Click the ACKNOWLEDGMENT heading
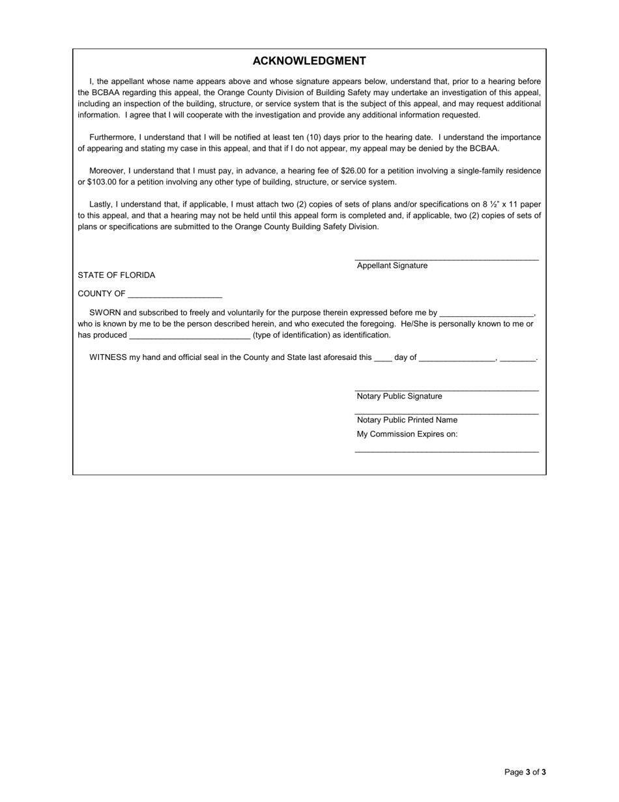click(x=309, y=61)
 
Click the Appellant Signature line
click(x=446, y=259)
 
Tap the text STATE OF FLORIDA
click(x=116, y=275)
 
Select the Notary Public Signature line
click(x=446, y=389)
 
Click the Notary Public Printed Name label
click(x=407, y=420)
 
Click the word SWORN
click(x=105, y=312)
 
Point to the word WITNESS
click(x=108, y=357)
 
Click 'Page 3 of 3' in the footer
click(x=525, y=772)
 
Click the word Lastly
click(x=100, y=204)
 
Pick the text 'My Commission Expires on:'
click(x=407, y=434)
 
